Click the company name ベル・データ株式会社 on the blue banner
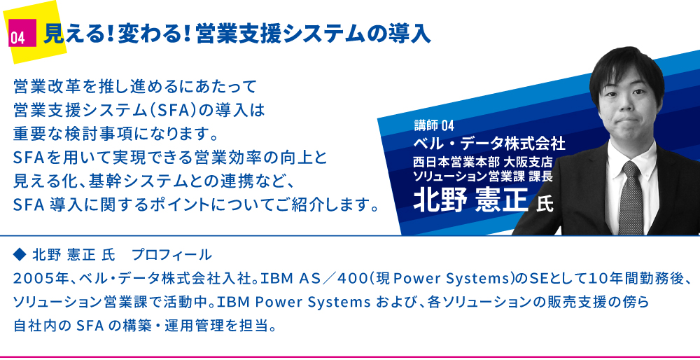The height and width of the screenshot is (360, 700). (490, 144)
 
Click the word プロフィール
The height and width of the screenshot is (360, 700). (172, 255)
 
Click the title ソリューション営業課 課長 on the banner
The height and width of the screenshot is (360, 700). (484, 176)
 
